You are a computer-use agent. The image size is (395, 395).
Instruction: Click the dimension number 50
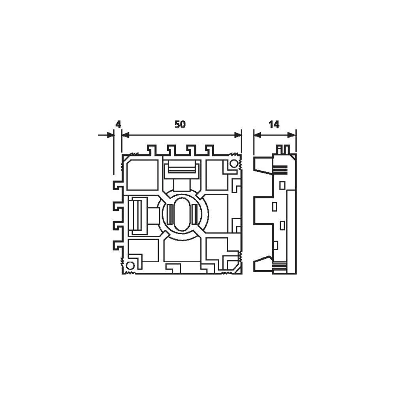coord(180,124)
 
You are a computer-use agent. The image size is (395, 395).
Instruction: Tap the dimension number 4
coord(118,124)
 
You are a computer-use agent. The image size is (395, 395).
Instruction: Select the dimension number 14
coord(274,124)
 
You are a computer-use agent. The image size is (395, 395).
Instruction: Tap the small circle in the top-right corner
coord(233,164)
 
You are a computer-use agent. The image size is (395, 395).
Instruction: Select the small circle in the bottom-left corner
coord(130,265)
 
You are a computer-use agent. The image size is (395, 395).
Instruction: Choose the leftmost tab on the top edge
coord(152,150)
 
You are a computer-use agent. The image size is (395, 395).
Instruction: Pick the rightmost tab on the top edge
coord(209,150)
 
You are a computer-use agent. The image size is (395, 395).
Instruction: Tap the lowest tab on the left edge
coord(118,245)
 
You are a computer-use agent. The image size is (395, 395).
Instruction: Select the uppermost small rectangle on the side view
coord(282,185)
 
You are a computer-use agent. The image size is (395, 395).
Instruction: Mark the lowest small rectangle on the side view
coord(275,245)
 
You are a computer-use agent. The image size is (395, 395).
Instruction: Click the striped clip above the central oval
coord(182,169)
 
